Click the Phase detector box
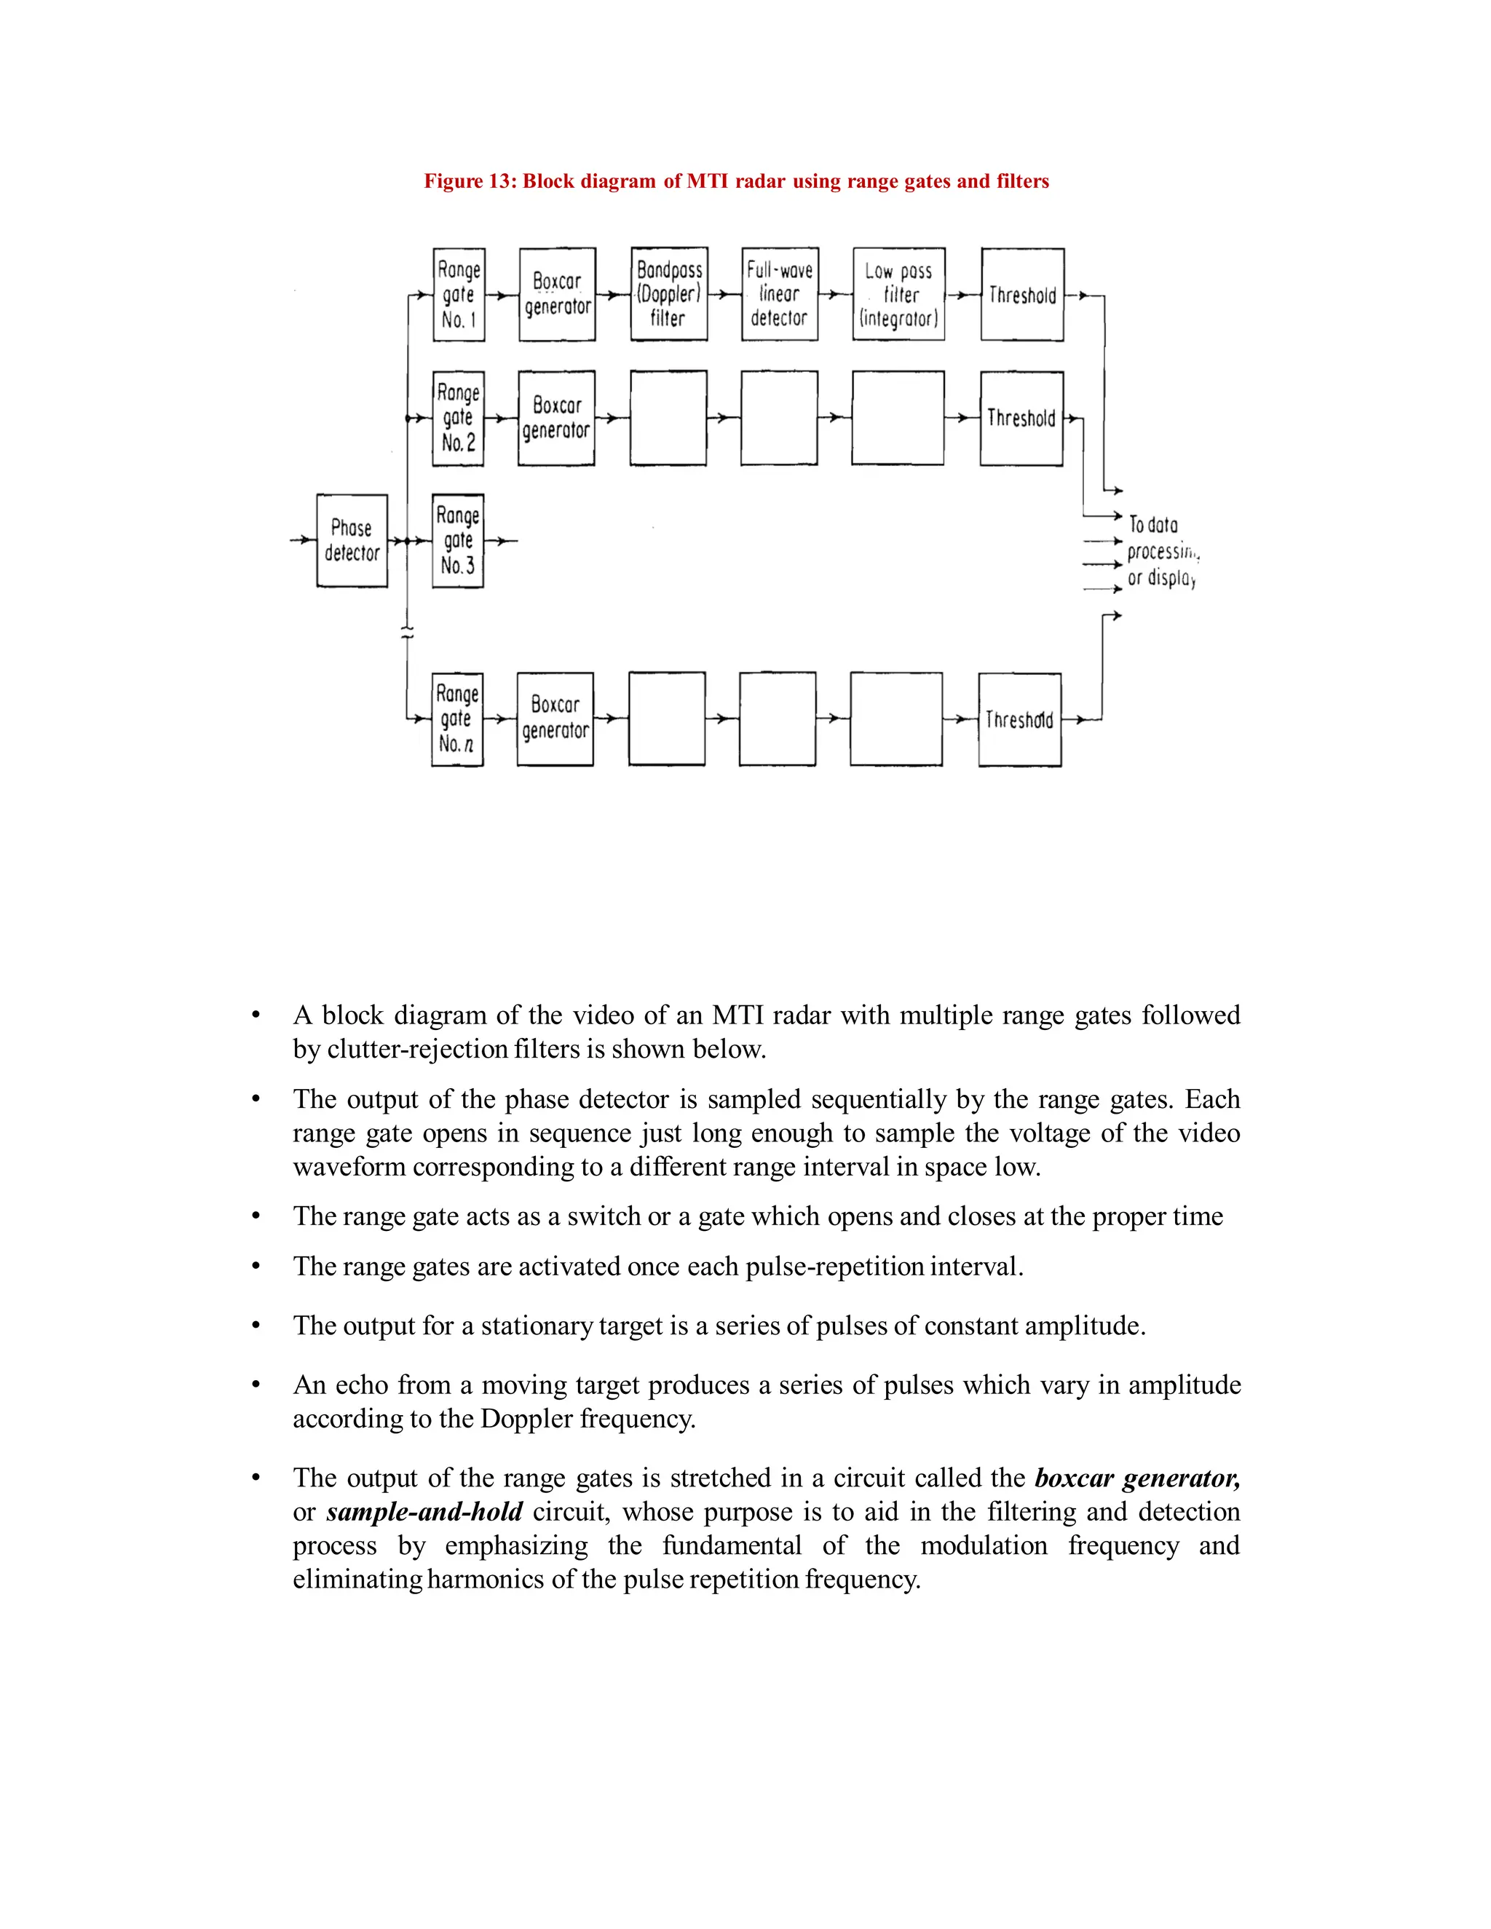point(352,541)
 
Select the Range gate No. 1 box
point(459,295)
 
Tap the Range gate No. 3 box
point(457,541)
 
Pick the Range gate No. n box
point(456,719)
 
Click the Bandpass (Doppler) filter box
point(668,294)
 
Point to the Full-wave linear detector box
point(779,294)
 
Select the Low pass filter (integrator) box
point(898,294)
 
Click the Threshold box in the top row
point(1022,295)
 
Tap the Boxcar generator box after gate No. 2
point(555,418)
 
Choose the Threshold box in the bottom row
point(1019,720)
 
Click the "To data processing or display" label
point(1160,551)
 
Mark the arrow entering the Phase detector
point(303,539)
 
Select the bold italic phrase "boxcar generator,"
point(1136,1478)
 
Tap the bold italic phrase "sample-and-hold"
point(424,1511)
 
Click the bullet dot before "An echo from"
point(256,1385)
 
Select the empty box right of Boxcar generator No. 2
point(668,418)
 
